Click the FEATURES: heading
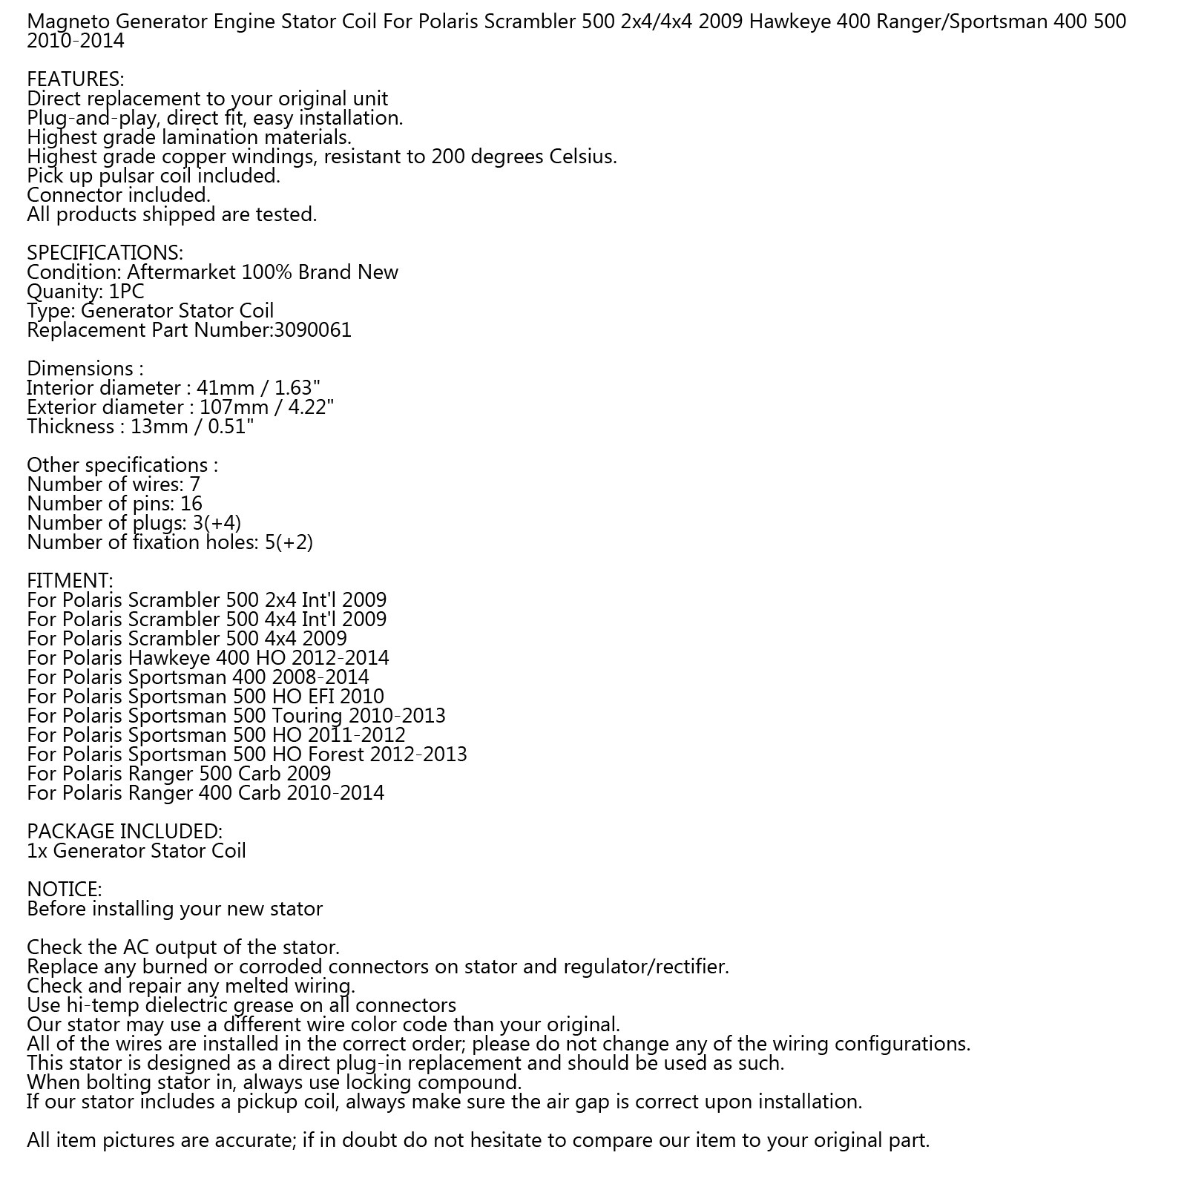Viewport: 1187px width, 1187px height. [75, 79]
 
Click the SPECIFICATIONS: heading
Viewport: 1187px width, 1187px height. [105, 253]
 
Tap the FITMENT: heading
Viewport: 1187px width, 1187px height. [70, 581]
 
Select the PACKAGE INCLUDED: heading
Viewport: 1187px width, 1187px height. [124, 832]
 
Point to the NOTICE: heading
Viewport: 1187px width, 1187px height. [64, 890]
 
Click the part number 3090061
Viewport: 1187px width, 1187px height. [312, 330]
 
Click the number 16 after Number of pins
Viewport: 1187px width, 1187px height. [191, 504]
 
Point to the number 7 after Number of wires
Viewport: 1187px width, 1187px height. [194, 484]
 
